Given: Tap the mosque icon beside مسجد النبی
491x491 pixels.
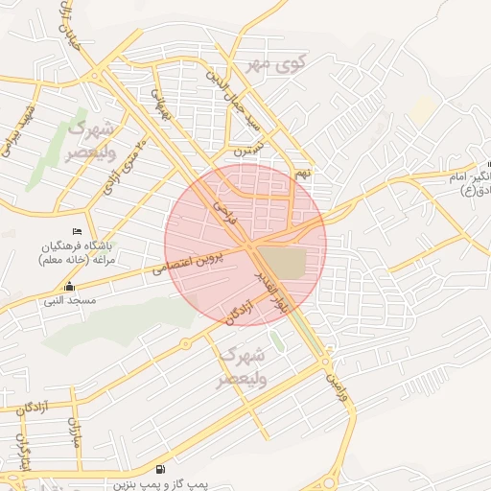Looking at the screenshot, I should coord(69,287).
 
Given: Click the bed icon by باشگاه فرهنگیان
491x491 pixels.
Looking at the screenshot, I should coord(78,231).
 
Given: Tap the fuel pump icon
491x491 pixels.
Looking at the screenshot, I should coord(159,470).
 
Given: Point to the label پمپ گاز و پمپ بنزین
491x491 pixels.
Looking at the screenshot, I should coord(161,484).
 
